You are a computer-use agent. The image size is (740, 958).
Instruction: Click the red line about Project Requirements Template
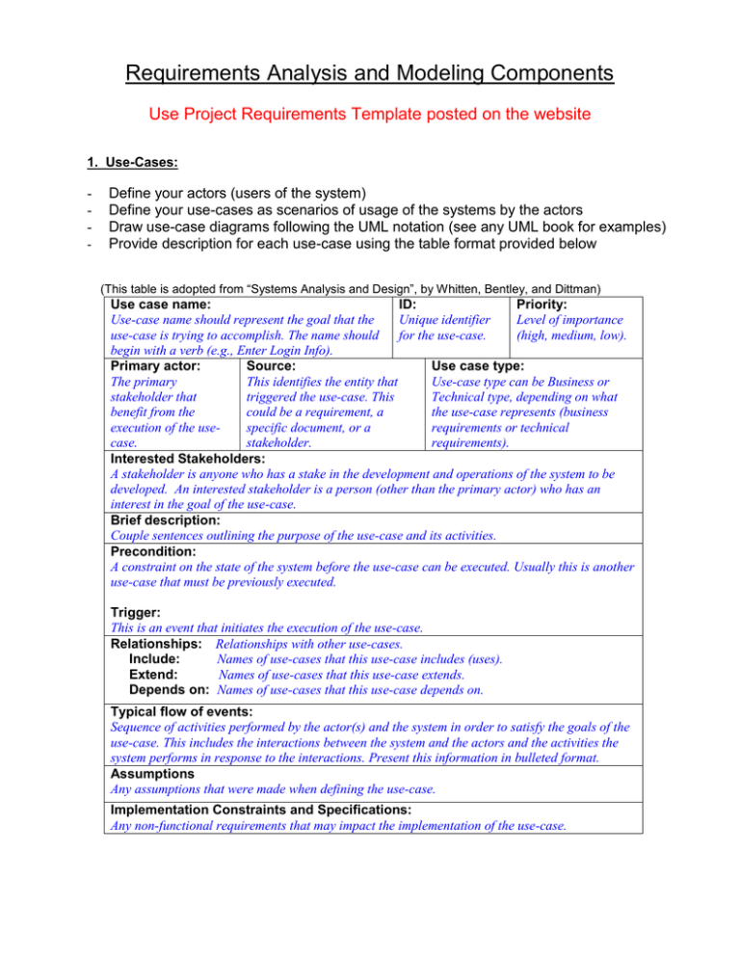[370, 115]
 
